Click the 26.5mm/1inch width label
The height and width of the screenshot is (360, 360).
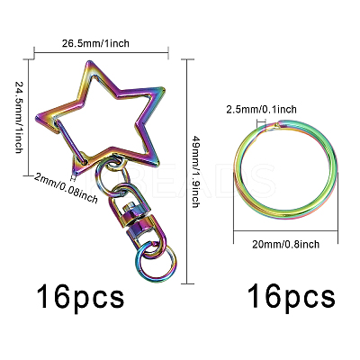coord(95,43)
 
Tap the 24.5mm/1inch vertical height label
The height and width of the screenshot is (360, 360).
coord(19,117)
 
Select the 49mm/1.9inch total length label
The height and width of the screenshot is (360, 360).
coord(195,172)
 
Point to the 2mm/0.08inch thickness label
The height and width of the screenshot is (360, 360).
coord(66,188)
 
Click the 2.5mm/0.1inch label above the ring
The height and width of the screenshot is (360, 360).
coord(261,110)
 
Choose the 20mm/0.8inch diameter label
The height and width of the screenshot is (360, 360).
coord(285,244)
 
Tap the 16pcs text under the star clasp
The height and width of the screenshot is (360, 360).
coord(80,297)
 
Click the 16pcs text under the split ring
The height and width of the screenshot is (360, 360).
coord(291,297)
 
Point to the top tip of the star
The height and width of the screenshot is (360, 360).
coord(89,62)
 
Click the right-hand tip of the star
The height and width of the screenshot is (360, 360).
coord(164,89)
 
